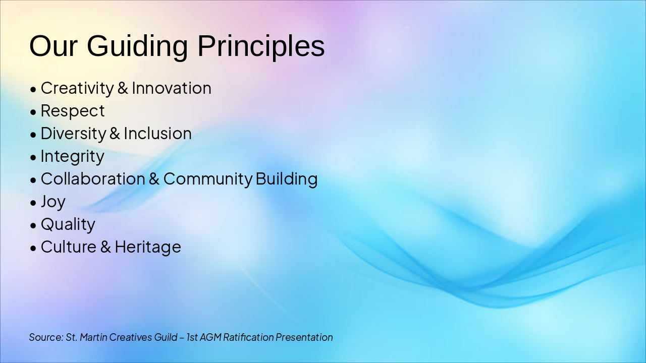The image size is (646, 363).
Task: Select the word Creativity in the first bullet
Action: point(77,88)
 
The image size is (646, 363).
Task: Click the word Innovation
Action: point(172,88)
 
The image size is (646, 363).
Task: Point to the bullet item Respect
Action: point(73,111)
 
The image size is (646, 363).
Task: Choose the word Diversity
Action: point(74,134)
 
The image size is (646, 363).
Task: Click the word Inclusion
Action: point(158,134)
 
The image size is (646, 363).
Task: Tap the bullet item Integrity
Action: point(72,157)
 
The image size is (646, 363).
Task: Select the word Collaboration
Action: point(93,178)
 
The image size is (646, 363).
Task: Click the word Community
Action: point(208,179)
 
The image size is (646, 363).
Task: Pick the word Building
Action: point(287,179)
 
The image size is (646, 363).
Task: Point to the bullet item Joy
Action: point(53,202)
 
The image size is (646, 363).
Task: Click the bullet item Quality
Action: point(68,225)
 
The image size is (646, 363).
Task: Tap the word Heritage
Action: point(148,248)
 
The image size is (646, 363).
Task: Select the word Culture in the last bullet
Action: point(69,247)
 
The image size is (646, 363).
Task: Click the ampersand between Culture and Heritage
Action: point(105,247)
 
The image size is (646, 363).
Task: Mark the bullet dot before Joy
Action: point(33,203)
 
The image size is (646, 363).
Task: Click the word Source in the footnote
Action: point(46,337)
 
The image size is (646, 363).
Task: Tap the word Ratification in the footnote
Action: point(248,337)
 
